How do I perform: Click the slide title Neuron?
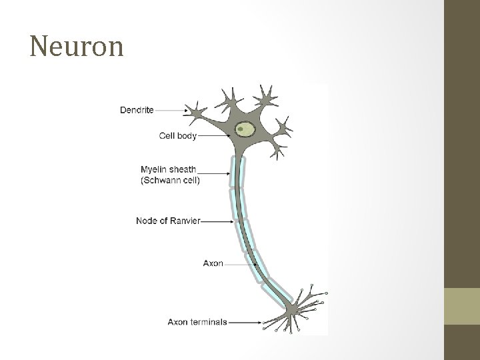coord(77,47)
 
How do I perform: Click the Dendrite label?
coord(137,110)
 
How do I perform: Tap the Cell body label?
coord(178,135)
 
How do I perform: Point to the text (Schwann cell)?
coord(170,179)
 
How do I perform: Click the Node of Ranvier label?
coord(168,220)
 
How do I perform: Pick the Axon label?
coord(213,263)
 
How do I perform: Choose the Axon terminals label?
coord(197,322)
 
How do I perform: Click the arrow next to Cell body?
coord(213,135)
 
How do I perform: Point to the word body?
coord(187,135)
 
